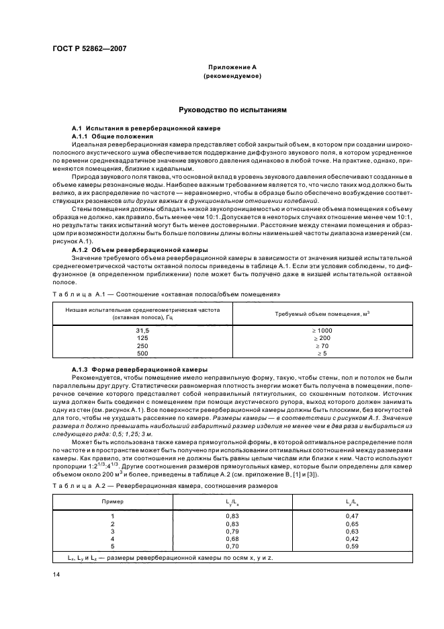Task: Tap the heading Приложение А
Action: [232, 69]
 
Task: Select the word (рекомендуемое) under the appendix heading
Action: [232, 77]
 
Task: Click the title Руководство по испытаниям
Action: [232, 108]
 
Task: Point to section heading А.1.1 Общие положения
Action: [108, 135]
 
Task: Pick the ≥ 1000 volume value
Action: [322, 331]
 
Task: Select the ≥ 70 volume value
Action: [322, 345]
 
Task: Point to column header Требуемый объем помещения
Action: [322, 314]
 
